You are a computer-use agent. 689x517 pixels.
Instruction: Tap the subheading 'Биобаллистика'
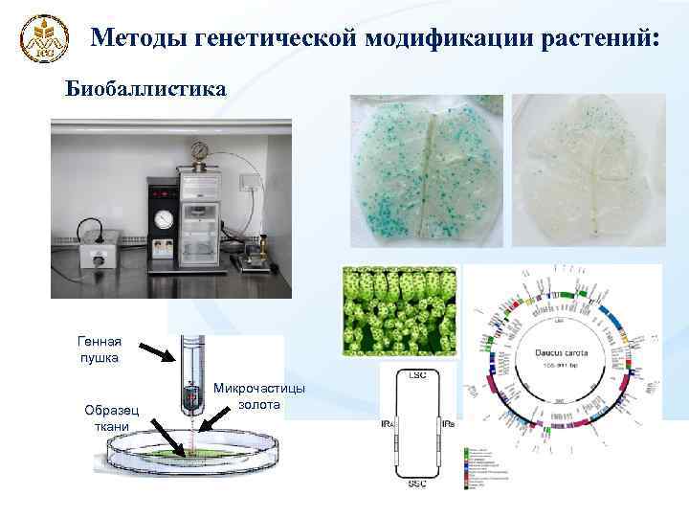pos(146,89)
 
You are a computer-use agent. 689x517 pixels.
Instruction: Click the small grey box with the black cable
pos(99,251)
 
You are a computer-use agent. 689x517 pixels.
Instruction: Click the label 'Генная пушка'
pos(100,350)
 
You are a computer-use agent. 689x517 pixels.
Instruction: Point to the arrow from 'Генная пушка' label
pos(157,353)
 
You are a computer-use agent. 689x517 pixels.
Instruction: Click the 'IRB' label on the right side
pos(448,423)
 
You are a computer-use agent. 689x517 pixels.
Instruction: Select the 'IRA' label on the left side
pos(388,423)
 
